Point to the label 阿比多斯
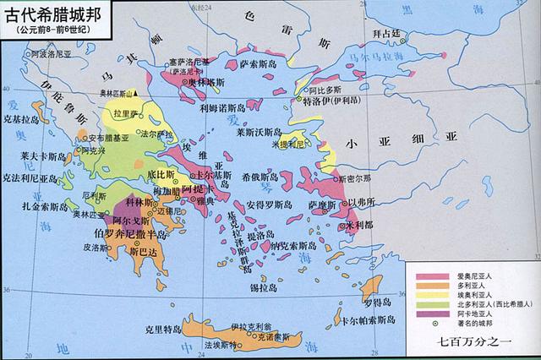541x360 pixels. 326,88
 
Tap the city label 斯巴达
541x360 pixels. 141,251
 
